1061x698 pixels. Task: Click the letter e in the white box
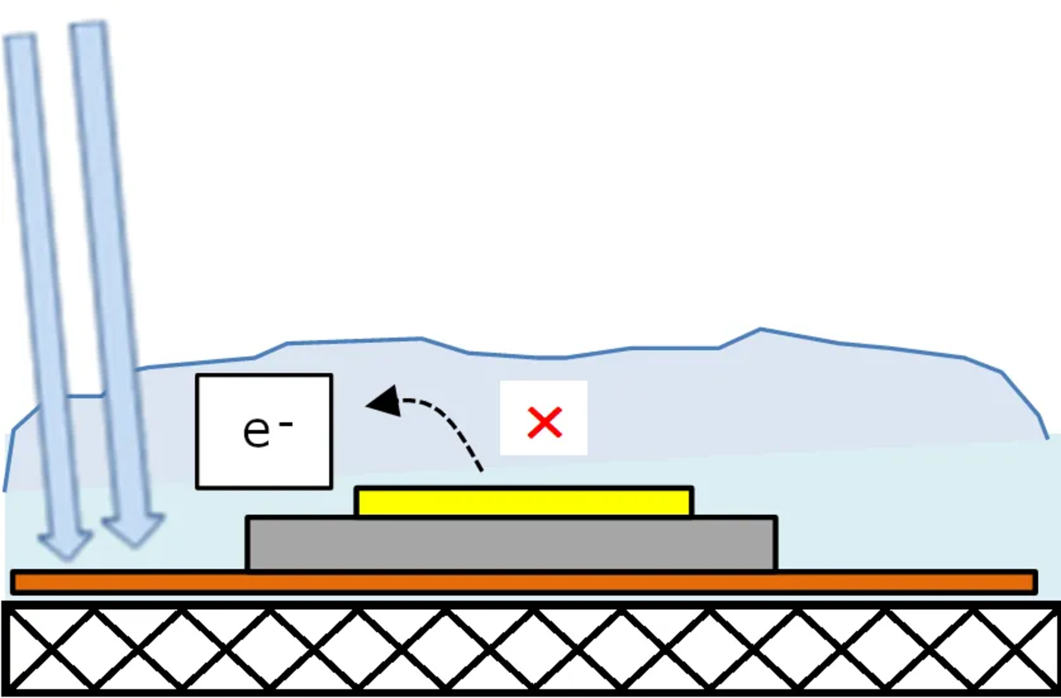(x=256, y=431)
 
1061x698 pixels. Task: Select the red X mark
(x=545, y=422)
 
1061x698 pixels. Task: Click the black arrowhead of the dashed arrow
(x=384, y=401)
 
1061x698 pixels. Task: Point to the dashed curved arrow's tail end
(x=482, y=470)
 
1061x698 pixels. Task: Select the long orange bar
(x=524, y=583)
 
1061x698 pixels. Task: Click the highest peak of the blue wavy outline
(x=760, y=329)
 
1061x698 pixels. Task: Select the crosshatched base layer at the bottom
(x=530, y=649)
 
